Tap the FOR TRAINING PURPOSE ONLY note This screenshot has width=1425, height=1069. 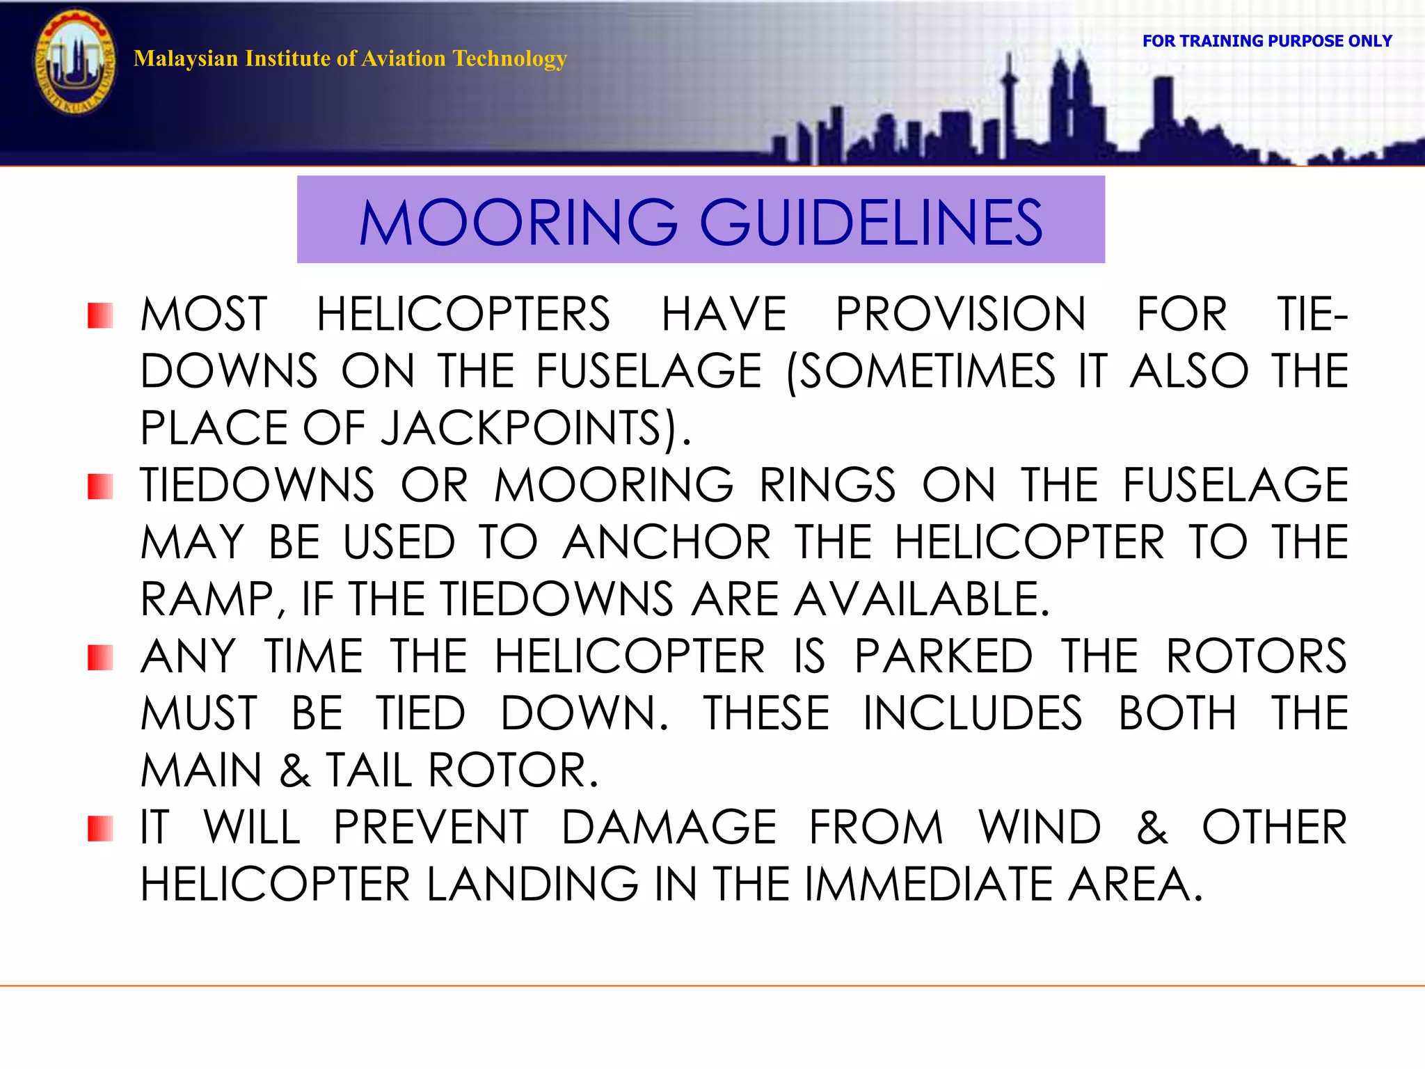point(1266,41)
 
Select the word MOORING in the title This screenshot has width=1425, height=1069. point(518,223)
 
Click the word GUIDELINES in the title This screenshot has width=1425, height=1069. point(870,223)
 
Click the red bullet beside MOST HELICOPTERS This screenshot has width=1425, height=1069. point(100,315)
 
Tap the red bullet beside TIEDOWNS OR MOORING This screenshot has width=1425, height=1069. point(100,486)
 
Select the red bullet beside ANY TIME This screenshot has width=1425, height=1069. point(100,658)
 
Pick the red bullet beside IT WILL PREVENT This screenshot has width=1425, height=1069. point(100,828)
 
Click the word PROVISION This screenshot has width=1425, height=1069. point(961,315)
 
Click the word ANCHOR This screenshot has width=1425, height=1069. point(667,542)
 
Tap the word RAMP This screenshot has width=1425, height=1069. point(209,599)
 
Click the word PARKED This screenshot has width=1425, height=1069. point(944,656)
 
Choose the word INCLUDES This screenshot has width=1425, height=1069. point(973,713)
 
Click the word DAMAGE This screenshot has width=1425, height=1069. point(669,828)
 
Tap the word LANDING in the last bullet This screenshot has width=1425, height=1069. point(532,885)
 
